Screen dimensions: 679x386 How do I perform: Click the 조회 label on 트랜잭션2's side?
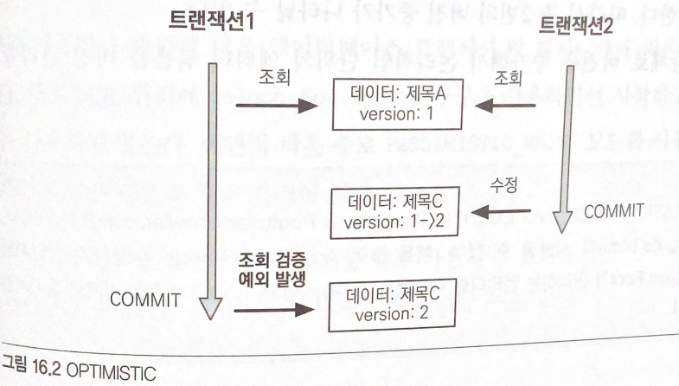pos(509,78)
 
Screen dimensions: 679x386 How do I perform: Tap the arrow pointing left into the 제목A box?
pos(503,107)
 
